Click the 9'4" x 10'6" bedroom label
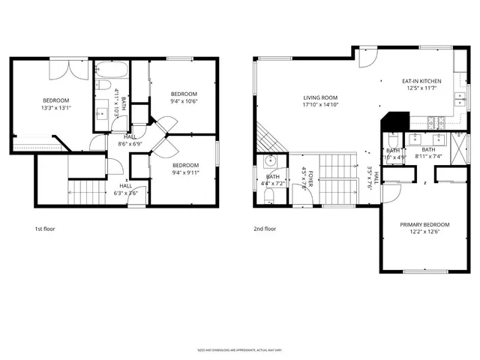click(183, 97)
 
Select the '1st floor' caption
click(45, 228)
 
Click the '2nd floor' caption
click(265, 228)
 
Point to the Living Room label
click(321, 101)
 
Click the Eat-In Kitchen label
click(421, 85)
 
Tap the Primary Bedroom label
click(424, 229)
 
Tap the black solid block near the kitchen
click(395, 121)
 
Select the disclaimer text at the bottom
click(240, 349)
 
